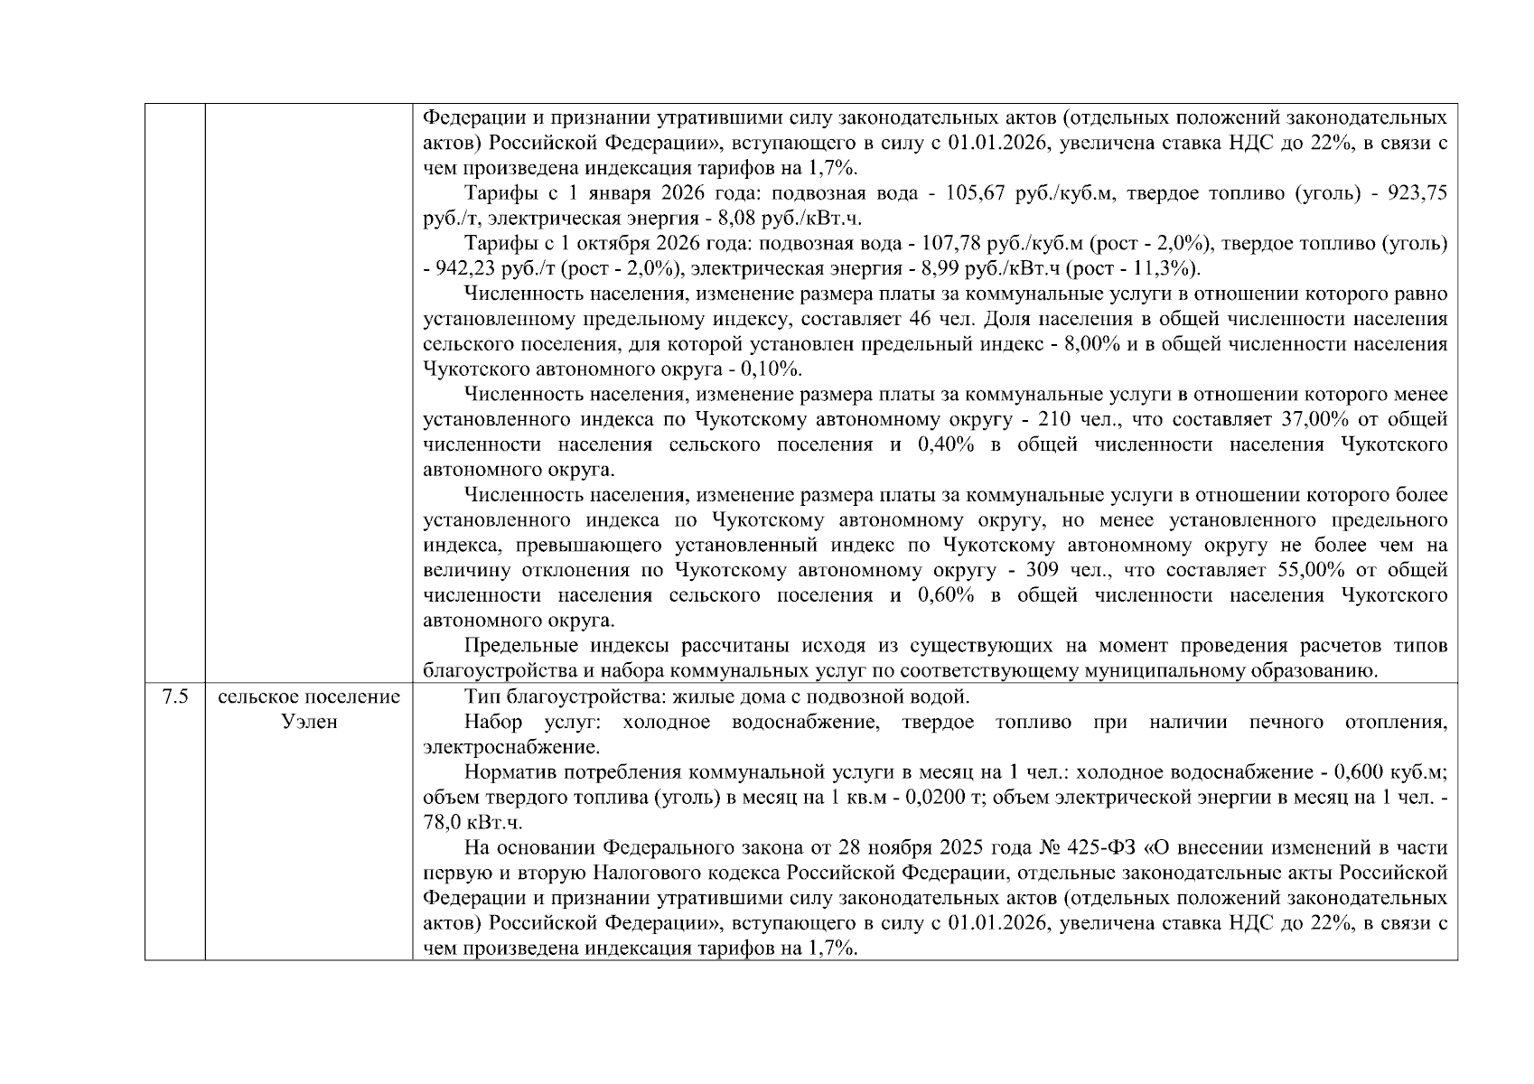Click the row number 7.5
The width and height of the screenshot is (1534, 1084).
coord(174,697)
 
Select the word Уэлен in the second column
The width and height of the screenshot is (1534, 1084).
coord(308,723)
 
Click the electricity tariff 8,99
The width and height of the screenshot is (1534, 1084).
coord(933,269)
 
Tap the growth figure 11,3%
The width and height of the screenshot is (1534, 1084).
coord(1168,269)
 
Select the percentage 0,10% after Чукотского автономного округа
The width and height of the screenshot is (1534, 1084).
coord(770,369)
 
